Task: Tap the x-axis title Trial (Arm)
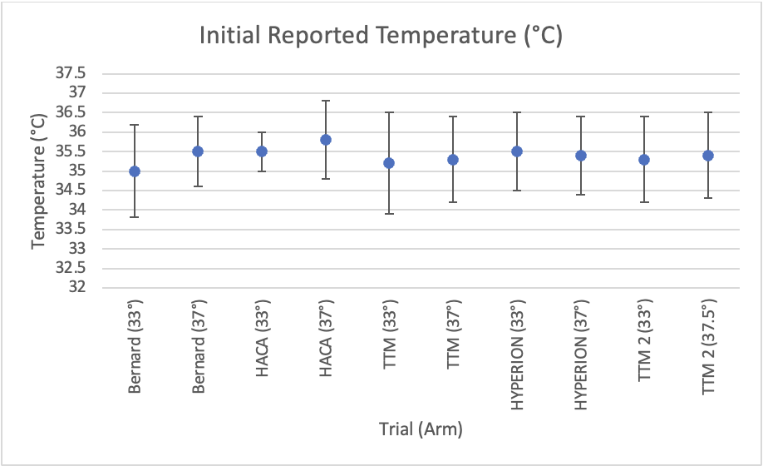coord(421,429)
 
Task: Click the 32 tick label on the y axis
coord(81,288)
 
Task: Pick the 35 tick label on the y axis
coord(81,171)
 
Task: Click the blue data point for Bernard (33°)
coord(134,171)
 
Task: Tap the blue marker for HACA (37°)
coord(326,140)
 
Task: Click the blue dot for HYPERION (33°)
coord(517,151)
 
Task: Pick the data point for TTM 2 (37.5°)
coord(708,156)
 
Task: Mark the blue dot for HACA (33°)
coord(262,151)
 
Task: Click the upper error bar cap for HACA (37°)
coord(326,101)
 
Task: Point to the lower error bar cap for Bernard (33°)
coord(134,217)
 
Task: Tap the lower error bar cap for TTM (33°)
coord(389,214)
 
